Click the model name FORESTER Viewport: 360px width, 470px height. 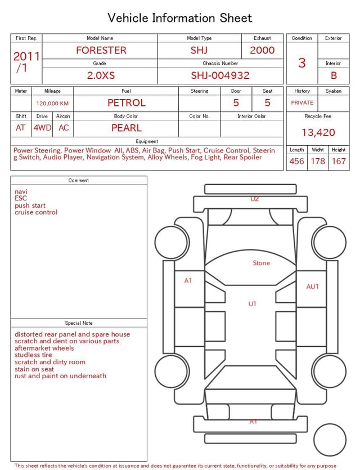101,50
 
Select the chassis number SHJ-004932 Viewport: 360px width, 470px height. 220,75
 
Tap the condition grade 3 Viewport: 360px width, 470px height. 302,63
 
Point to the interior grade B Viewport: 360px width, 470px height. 334,75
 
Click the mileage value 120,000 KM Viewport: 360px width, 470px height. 52,104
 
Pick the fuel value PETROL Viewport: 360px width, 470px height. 127,103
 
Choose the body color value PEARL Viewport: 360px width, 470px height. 127,128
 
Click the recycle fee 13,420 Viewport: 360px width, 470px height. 318,132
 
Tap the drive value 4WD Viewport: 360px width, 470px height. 42,128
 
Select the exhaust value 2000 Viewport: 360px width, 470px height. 262,50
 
